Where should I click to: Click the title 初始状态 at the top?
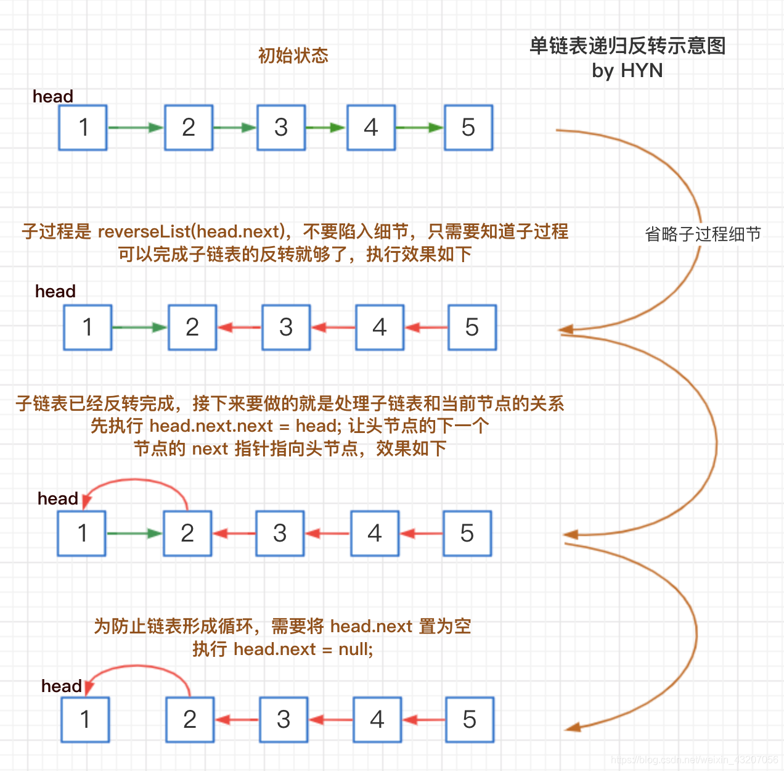[x=293, y=56]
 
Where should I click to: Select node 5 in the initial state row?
[x=468, y=128]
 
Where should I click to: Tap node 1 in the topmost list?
[x=83, y=128]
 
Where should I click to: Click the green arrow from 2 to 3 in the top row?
[x=235, y=128]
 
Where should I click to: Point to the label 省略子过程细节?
[x=703, y=234]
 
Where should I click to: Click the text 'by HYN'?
[x=627, y=71]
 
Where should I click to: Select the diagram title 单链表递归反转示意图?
[x=627, y=46]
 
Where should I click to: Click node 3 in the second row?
[x=286, y=328]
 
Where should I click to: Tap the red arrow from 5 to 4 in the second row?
[x=426, y=328]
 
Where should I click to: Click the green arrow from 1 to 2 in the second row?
[x=140, y=328]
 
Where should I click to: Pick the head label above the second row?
[x=55, y=291]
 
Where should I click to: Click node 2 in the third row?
[x=187, y=534]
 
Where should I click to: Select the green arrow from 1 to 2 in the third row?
[x=134, y=534]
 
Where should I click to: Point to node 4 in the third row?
[x=375, y=534]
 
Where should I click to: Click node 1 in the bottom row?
[x=85, y=720]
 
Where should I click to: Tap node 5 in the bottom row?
[x=470, y=720]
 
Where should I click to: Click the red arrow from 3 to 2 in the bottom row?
[x=237, y=720]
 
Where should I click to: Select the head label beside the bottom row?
[x=61, y=686]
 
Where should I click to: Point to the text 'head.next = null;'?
[x=303, y=649]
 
